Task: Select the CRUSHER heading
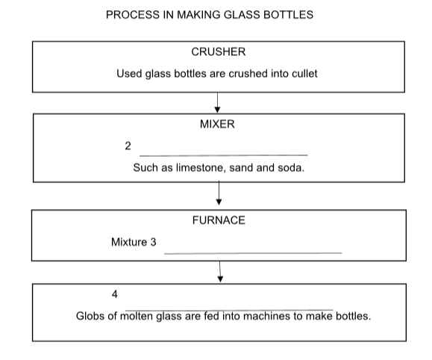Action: coord(219,52)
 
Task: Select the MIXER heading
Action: coord(217,124)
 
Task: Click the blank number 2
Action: coord(128,146)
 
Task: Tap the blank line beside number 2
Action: coord(224,155)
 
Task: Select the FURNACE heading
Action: coord(219,220)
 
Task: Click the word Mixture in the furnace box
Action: coord(129,242)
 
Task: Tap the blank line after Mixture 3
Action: coord(253,253)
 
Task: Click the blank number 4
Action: coord(115,294)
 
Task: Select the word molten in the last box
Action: coord(137,316)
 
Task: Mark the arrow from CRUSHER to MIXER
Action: coord(217,102)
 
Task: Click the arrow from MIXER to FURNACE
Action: coord(219,193)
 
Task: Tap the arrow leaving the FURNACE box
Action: coord(220,272)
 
